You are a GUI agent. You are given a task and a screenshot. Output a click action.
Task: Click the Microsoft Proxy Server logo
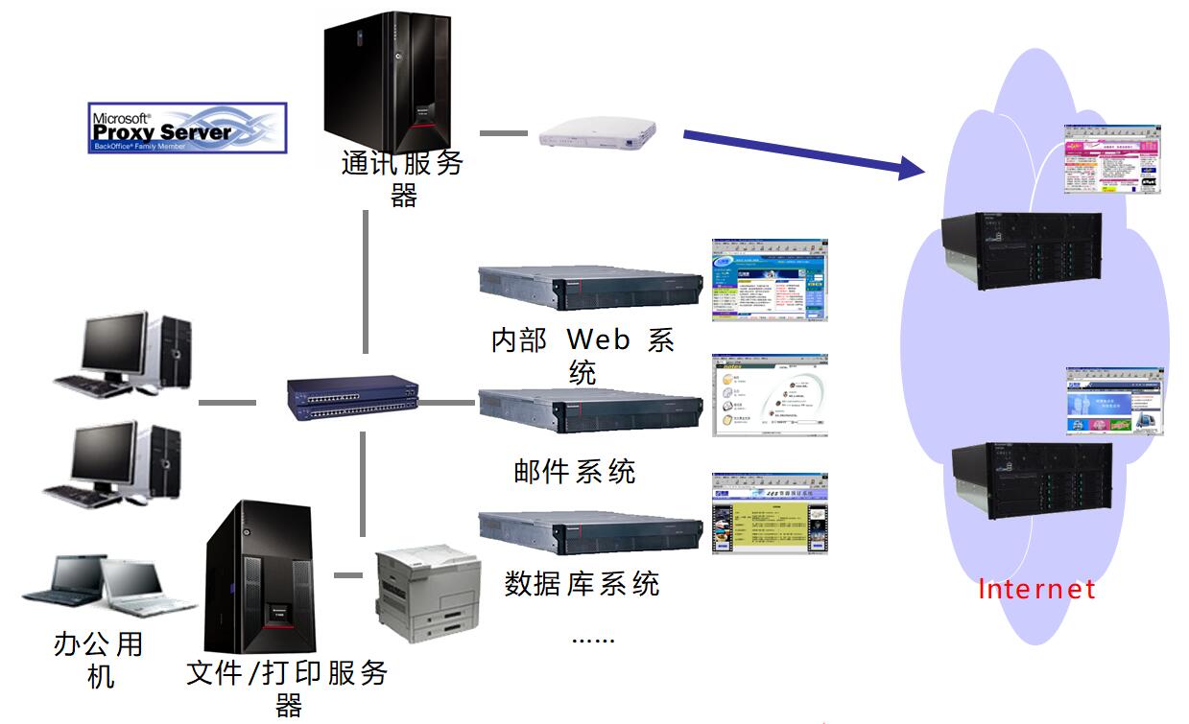click(187, 128)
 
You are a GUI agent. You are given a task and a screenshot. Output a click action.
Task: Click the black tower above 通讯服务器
click(386, 82)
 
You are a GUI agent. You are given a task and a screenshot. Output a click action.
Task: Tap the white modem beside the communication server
click(598, 133)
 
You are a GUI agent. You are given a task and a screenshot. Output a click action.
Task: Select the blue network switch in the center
click(354, 398)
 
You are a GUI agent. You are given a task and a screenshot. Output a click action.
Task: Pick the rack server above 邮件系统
click(590, 410)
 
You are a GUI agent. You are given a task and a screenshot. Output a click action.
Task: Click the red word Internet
click(1036, 588)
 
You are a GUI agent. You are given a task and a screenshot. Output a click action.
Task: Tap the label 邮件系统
click(575, 471)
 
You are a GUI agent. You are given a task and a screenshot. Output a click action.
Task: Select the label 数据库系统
click(583, 583)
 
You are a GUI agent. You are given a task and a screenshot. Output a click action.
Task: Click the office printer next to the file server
click(427, 594)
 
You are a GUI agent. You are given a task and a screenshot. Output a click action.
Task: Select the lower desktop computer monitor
click(106, 455)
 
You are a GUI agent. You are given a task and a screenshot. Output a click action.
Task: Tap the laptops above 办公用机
click(106, 584)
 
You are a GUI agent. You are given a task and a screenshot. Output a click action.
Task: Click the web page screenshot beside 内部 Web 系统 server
click(769, 280)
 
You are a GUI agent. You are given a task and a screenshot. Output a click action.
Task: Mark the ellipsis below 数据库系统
click(593, 639)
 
